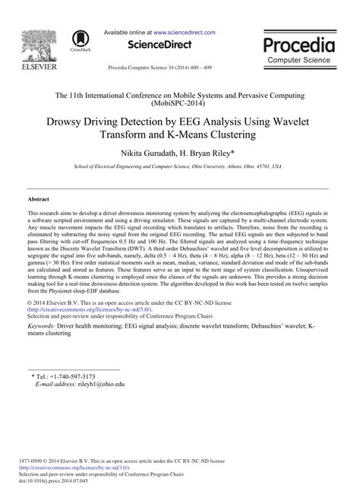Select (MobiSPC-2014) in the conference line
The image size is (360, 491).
click(x=180, y=105)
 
